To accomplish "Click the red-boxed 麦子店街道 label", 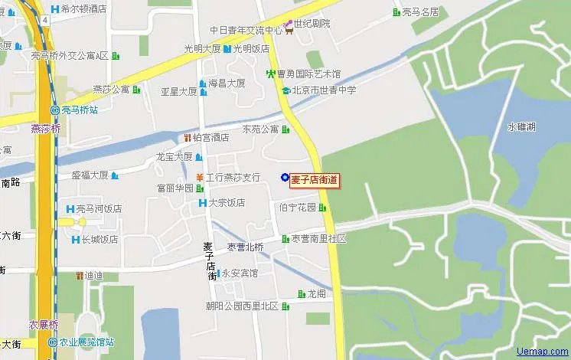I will click(314, 180).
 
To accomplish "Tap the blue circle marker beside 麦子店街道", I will click(285, 178).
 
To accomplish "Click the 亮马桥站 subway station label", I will click(80, 110).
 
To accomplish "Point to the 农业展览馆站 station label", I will click(86, 342).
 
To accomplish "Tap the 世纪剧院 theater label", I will click(312, 24).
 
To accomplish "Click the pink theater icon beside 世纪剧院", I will click(289, 25).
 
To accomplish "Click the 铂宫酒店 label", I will click(210, 138).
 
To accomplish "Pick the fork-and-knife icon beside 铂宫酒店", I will click(186, 138).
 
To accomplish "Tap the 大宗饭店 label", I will click(227, 203).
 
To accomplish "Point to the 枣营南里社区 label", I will click(318, 239).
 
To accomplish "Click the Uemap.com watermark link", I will click(543, 352).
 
